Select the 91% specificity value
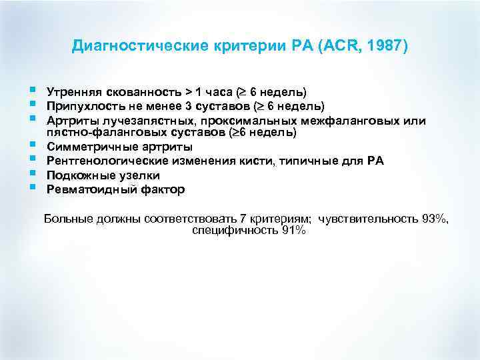click(294, 231)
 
